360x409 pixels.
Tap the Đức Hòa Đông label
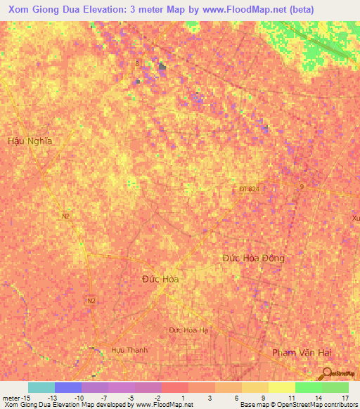(x=254, y=258)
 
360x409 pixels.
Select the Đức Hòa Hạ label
(x=189, y=330)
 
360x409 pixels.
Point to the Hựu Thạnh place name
(x=129, y=349)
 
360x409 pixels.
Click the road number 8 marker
(x=138, y=63)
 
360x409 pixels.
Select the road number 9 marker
(x=302, y=186)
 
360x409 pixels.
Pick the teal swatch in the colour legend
(x=41, y=387)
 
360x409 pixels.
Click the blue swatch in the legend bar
(x=67, y=387)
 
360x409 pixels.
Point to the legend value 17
(x=345, y=398)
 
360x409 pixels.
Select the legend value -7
(x=105, y=398)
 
